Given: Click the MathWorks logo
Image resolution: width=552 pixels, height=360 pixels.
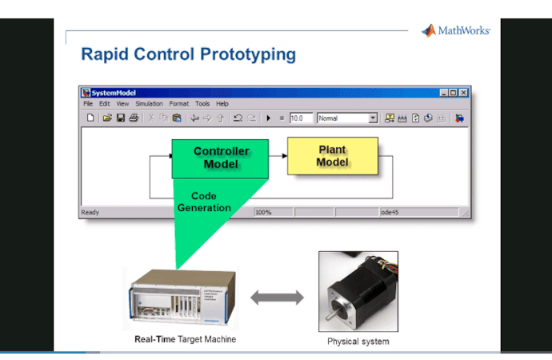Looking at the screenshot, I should (455, 31).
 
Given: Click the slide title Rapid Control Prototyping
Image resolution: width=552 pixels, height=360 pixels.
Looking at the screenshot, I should (188, 55).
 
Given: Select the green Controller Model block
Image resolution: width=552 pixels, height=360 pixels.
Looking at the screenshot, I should (221, 158).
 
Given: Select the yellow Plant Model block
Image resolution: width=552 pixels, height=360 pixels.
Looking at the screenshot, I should (332, 156).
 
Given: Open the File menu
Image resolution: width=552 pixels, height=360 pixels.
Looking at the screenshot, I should (88, 104).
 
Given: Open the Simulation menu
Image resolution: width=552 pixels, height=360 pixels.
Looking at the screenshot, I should (149, 104).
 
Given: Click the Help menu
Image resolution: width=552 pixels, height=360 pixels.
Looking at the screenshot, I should (222, 104).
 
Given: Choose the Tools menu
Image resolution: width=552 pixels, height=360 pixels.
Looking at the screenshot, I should (202, 104).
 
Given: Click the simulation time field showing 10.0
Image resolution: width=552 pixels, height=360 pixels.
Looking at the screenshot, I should (301, 118).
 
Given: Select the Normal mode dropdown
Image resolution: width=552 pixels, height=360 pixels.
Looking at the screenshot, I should (347, 118).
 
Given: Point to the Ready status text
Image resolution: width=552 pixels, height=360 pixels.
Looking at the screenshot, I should (90, 213).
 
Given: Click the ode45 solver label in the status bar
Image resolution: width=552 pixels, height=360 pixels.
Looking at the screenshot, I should (390, 213).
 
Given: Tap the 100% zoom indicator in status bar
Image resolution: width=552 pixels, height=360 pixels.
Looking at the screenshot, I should (264, 213).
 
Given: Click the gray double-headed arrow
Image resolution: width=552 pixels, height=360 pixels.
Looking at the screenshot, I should (278, 298).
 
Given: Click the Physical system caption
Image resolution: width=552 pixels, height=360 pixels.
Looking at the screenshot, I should (358, 342).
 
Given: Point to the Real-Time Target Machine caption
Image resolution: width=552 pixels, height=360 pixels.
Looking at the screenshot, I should (185, 339).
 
